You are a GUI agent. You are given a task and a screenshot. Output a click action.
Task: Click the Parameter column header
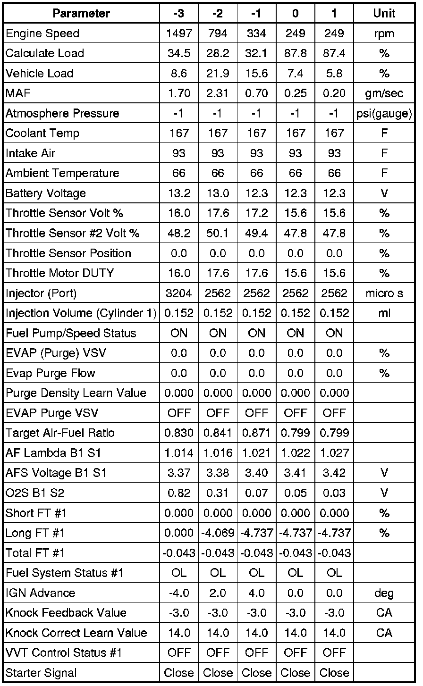coord(81,13)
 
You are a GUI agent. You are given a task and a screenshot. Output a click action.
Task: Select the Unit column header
coord(384,13)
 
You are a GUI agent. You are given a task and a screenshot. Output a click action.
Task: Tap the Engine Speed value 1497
coord(179,33)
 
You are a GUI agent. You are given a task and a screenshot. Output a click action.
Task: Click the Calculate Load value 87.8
coord(295,53)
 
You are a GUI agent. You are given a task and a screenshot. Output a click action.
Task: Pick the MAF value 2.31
coord(218,93)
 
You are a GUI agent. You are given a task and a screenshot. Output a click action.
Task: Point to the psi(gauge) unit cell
coord(384,113)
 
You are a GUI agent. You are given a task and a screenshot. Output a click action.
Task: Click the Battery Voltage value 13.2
coord(179,193)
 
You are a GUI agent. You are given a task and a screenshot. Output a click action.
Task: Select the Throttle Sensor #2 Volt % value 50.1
coord(218,233)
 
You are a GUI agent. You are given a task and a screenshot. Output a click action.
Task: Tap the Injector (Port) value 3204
coord(179,293)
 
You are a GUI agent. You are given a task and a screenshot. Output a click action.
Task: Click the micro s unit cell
coord(384,293)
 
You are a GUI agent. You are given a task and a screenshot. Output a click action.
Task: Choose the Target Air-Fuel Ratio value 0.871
coord(256,433)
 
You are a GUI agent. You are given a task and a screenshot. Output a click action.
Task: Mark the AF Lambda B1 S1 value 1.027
coord(334,453)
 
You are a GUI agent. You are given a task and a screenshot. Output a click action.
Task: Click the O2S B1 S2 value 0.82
coord(179,493)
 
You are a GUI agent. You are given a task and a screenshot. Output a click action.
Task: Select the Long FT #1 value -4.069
coord(218,533)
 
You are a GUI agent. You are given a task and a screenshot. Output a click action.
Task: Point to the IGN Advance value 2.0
coord(218,593)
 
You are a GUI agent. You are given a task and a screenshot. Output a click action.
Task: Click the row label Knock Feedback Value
coord(66,613)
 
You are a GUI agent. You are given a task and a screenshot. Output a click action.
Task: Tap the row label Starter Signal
coord(41,673)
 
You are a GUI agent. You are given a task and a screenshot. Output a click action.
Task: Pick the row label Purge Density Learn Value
coord(76,393)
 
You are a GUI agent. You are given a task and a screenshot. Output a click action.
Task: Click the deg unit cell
coord(384,593)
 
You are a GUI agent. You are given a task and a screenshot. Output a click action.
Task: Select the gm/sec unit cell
coord(384,93)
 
